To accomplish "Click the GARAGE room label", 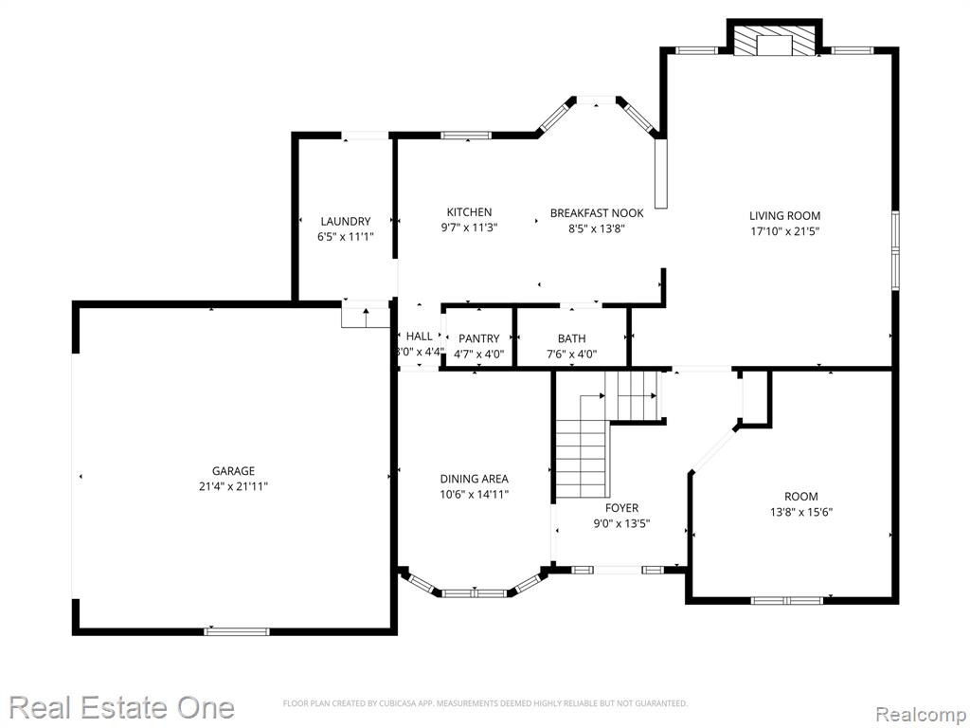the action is pos(233,471).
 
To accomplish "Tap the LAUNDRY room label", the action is pos(345,222).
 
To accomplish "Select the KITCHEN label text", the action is pos(470,212).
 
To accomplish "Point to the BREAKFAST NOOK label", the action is pos(597,213).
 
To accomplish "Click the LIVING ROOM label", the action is pos(785,216).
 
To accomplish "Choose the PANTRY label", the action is pos(478,338).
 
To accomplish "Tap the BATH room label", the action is pos(571,338).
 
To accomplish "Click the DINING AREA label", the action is pos(475,479).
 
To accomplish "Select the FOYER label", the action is pos(621,508).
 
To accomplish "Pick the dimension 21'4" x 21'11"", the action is pos(233,486).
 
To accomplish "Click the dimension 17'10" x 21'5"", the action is pos(785,231).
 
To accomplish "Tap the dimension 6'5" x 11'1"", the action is pos(345,237).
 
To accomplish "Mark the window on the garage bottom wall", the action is pos(237,631).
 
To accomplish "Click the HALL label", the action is pos(420,337).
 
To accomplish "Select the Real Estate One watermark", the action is pos(122,707).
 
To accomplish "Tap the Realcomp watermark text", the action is pos(921,715).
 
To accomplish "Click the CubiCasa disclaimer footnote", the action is pos(485,703).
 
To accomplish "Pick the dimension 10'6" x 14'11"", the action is pos(475,494).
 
